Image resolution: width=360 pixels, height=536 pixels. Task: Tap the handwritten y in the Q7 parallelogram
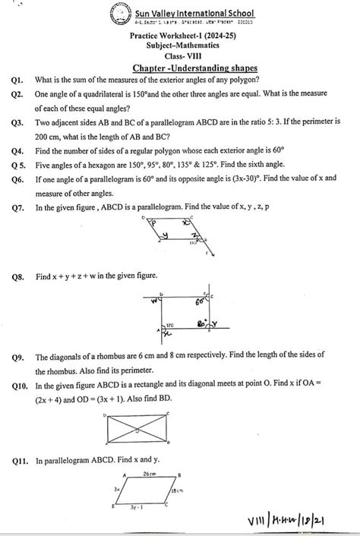pos(164,237)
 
